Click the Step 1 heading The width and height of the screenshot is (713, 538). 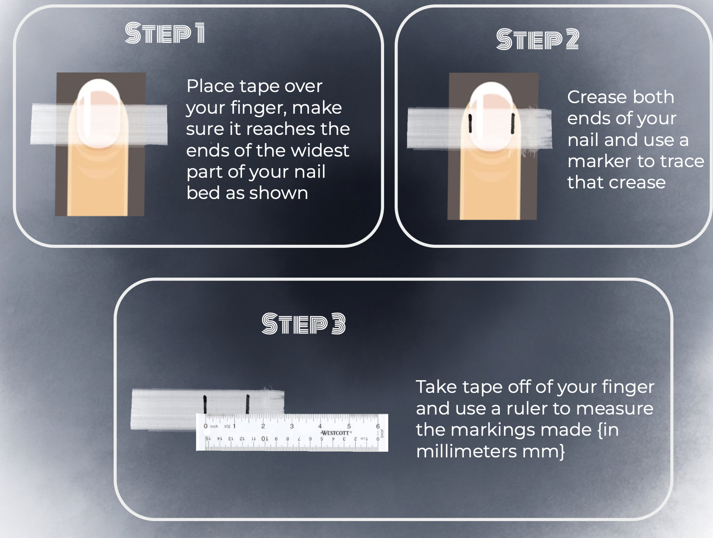(165, 33)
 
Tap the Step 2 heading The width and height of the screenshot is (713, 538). (538, 39)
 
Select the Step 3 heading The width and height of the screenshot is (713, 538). (304, 324)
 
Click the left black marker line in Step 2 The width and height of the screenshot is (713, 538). (470, 124)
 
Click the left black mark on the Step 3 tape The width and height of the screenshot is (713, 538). (205, 404)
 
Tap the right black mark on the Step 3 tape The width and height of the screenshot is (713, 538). (248, 404)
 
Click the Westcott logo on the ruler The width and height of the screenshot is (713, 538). (335, 433)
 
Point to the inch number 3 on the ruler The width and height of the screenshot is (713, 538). (292, 426)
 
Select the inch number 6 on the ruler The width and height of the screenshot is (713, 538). (378, 426)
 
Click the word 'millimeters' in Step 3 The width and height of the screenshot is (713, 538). (466, 451)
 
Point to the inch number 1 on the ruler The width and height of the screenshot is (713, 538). (234, 426)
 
